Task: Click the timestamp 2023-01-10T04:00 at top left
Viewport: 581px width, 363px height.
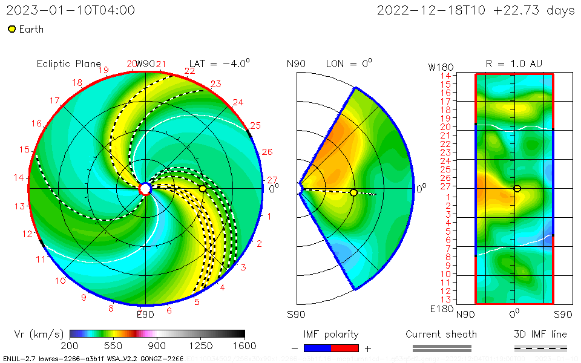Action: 70,10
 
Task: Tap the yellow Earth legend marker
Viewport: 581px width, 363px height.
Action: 11,29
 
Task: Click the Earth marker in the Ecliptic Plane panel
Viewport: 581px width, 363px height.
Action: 203,189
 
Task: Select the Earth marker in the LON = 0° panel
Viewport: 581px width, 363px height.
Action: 353,193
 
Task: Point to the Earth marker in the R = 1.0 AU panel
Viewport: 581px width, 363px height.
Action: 517,189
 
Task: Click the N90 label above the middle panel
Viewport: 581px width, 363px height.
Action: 296,64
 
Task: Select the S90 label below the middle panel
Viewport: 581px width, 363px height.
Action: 296,314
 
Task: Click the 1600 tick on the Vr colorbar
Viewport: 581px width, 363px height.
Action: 245,346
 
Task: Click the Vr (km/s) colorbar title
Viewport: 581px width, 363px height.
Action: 39,334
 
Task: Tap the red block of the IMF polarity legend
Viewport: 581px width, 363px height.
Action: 345,348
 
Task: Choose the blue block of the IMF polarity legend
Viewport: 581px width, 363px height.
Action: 317,348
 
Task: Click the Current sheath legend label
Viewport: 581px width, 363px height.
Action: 441,334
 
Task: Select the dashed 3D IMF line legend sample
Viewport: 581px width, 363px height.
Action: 540,348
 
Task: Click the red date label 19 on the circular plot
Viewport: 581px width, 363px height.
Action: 103,70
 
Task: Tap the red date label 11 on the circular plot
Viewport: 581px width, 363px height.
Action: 41,260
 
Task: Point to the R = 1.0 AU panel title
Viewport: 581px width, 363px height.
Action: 514,64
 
